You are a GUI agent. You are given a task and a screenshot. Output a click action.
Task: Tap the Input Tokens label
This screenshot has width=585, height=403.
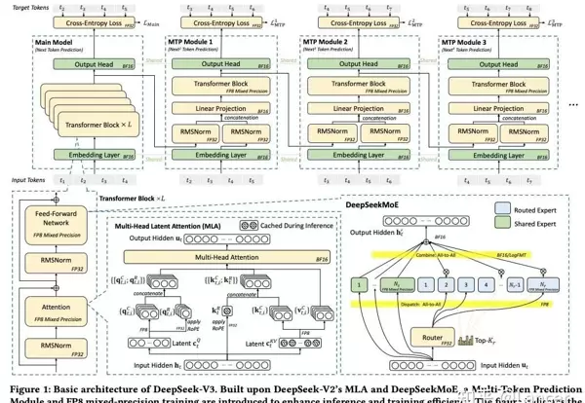(29, 180)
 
